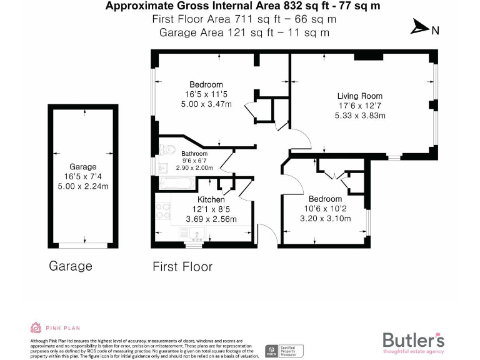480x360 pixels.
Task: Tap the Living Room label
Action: (x=359, y=96)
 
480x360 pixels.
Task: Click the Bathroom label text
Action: (x=194, y=154)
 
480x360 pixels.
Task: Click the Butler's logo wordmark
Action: (x=413, y=341)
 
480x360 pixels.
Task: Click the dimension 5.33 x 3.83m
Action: (x=359, y=116)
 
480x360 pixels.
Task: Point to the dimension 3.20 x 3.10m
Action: (x=325, y=219)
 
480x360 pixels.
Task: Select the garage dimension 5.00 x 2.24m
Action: (x=82, y=186)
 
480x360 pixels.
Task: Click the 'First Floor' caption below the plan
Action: (x=182, y=267)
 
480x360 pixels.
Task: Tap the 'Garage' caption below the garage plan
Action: (x=71, y=266)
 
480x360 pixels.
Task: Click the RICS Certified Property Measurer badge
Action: (x=284, y=351)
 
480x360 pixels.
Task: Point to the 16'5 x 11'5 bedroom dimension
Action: (x=206, y=94)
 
